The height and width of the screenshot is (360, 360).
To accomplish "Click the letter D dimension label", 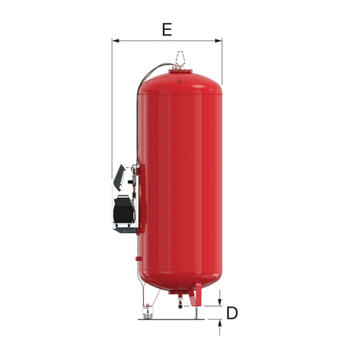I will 231,314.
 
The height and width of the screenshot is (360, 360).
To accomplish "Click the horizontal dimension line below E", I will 167,40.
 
